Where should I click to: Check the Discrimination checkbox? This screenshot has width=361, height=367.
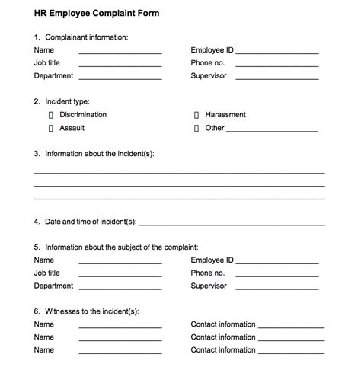51,115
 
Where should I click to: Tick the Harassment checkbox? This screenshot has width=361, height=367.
196,115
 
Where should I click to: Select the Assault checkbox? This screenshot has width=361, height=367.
51,129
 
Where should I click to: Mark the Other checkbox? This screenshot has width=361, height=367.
196,129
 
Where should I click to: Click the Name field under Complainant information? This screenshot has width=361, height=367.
120,52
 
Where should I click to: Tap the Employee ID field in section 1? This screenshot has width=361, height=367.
277,52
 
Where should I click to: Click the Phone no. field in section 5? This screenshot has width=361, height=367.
277,274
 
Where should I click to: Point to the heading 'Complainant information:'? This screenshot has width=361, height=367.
87,37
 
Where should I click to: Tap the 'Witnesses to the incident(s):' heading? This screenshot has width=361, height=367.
97,311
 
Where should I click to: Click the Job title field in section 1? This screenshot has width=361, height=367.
120,65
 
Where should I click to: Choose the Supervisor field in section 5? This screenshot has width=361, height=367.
277,288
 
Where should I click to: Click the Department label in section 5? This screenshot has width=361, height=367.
53,286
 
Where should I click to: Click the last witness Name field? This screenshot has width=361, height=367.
120,352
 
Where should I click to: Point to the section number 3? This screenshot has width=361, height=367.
37,154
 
